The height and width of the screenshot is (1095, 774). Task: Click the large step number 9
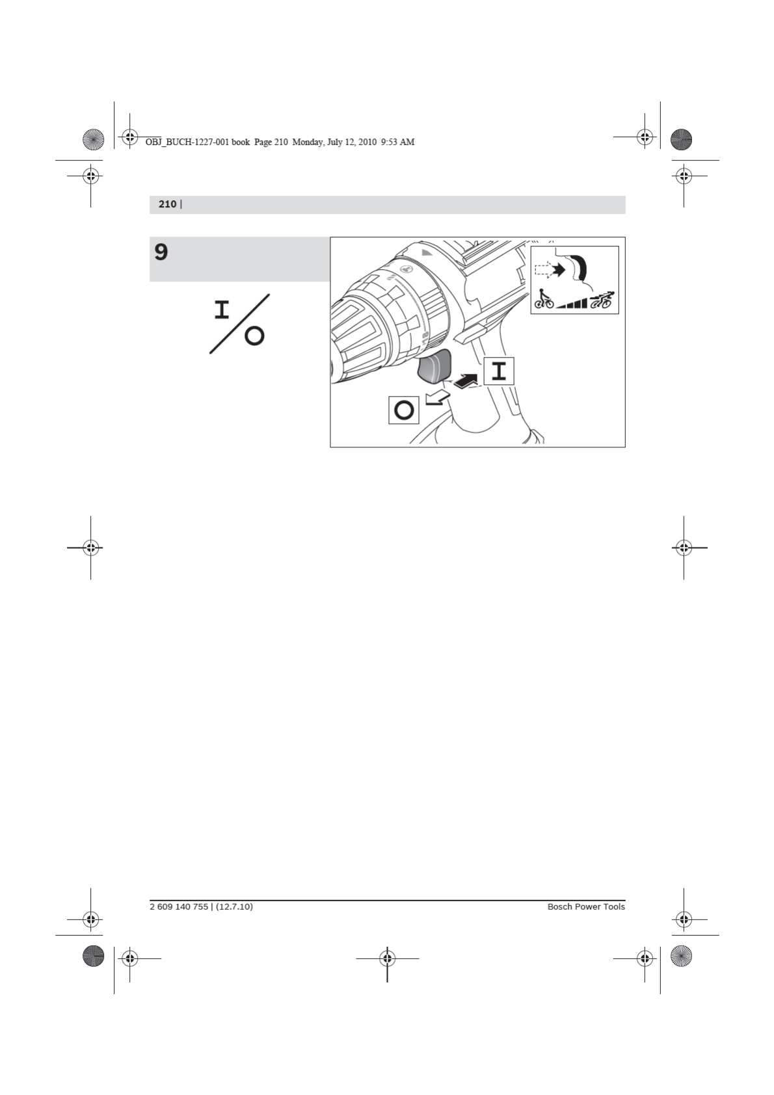pyautogui.click(x=161, y=252)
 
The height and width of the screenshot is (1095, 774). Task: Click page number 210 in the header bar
pyautogui.click(x=167, y=204)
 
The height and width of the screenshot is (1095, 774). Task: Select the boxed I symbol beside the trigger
pyautogui.click(x=499, y=371)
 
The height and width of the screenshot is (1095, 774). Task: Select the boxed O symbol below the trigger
pyautogui.click(x=404, y=410)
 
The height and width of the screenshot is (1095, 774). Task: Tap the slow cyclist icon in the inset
pyautogui.click(x=544, y=299)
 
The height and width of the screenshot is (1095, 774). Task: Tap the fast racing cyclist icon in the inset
pyautogui.click(x=602, y=300)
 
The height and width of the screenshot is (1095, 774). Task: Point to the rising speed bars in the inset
pyautogui.click(x=572, y=303)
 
